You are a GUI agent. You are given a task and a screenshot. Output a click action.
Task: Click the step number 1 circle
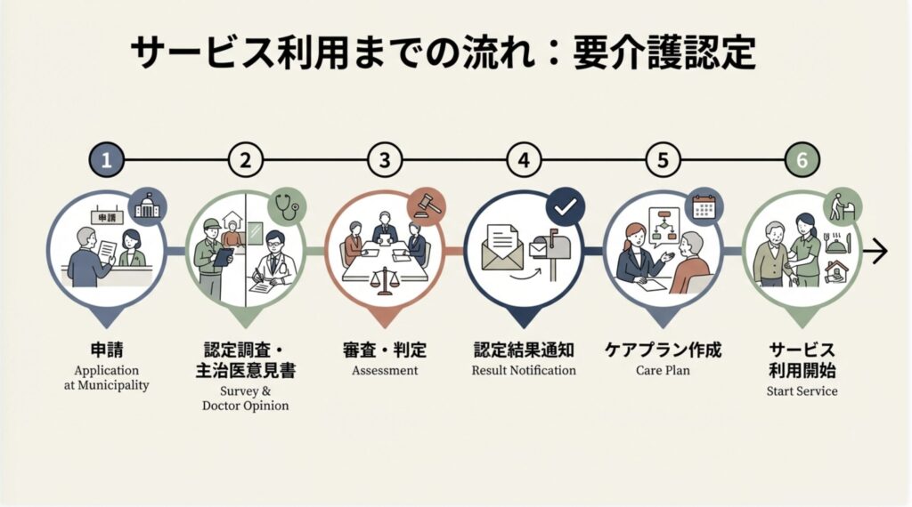107,161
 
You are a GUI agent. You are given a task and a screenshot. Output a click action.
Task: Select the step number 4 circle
524,161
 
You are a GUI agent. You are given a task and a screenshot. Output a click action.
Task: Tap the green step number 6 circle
802,161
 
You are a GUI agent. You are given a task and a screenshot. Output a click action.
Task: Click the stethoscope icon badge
287,205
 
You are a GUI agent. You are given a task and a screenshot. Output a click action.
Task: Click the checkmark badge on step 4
564,207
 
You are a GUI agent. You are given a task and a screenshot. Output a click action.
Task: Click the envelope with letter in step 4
503,247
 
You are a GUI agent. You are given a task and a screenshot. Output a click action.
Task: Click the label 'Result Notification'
524,370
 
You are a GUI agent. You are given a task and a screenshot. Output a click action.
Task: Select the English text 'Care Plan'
663,370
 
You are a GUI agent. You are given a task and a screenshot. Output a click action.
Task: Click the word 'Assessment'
385,370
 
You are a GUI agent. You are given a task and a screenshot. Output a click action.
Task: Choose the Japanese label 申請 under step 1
107,350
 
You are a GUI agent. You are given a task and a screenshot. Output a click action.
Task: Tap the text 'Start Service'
802,390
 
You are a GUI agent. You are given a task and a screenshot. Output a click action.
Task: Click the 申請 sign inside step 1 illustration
106,217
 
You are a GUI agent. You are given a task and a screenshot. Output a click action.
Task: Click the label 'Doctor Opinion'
245,406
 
